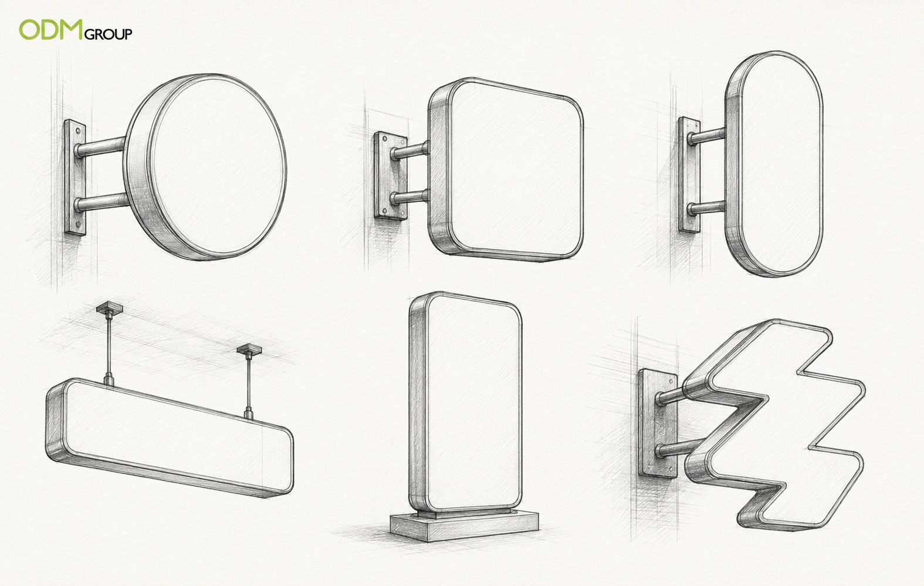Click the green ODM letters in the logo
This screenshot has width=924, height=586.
pos(51,30)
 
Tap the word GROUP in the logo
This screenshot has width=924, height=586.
pos(109,34)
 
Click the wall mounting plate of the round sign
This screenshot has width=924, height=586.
pos(75,177)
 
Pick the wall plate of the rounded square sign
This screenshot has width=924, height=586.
pos(390,176)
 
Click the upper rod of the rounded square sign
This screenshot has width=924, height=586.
pos(410,151)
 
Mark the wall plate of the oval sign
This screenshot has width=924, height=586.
pos(689,175)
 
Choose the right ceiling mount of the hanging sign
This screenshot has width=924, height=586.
pos(249,350)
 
